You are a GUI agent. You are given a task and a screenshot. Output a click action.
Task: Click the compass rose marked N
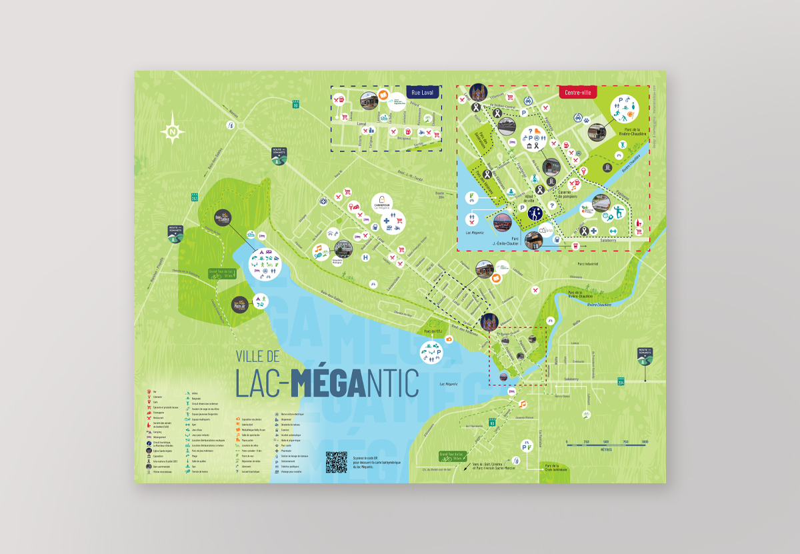[172, 129]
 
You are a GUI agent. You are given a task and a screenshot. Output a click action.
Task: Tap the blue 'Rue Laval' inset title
[423, 93]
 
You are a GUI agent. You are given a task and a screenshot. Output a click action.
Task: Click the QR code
[337, 461]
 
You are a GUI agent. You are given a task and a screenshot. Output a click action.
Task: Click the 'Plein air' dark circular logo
[240, 305]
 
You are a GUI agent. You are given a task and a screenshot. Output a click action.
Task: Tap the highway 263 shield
[195, 197]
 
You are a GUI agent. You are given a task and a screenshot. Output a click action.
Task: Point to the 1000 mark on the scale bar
[645, 441]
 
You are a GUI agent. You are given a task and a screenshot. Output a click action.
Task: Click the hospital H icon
[365, 257]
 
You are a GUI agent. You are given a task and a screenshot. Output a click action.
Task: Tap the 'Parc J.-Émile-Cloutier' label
[507, 241]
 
